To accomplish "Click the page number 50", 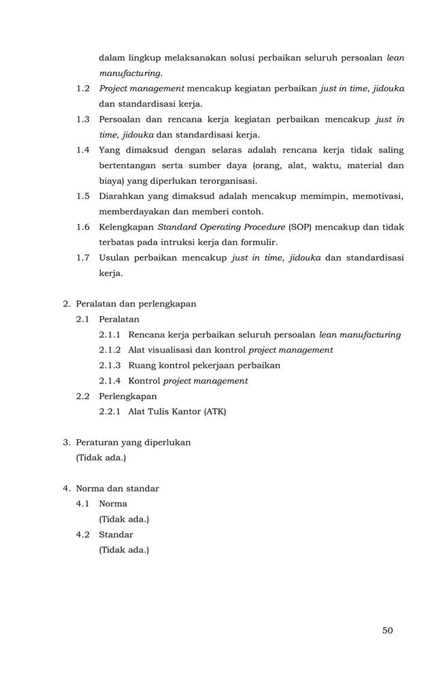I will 387,630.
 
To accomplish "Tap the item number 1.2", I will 83,89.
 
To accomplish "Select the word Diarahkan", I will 120,196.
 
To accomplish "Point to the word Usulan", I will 114,257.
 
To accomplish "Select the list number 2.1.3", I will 110,365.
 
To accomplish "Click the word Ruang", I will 142,365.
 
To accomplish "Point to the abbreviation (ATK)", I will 214,411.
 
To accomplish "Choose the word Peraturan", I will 97,442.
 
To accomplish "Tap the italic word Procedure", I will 243,227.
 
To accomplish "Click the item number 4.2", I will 83,535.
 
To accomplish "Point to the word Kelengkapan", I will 127,227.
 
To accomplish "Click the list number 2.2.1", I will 110,411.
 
